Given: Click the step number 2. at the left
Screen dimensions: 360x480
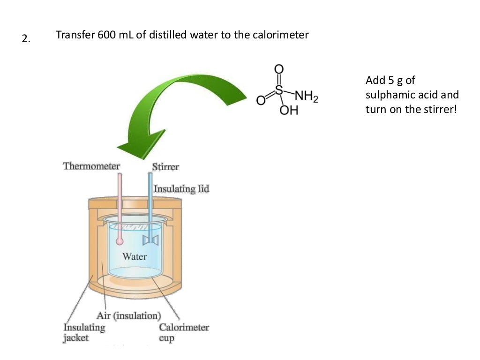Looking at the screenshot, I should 25,39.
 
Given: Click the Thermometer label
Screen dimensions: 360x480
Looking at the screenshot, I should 91,166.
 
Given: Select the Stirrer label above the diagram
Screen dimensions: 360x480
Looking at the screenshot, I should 165,167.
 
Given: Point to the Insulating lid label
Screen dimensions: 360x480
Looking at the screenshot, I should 181,189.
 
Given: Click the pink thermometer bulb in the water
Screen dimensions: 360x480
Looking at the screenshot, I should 120,241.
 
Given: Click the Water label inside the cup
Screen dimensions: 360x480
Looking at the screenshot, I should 135,256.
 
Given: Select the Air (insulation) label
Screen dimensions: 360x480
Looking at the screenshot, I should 128,315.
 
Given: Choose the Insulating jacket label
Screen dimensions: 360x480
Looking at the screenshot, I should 84,332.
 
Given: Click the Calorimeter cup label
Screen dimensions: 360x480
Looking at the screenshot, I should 184,332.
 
